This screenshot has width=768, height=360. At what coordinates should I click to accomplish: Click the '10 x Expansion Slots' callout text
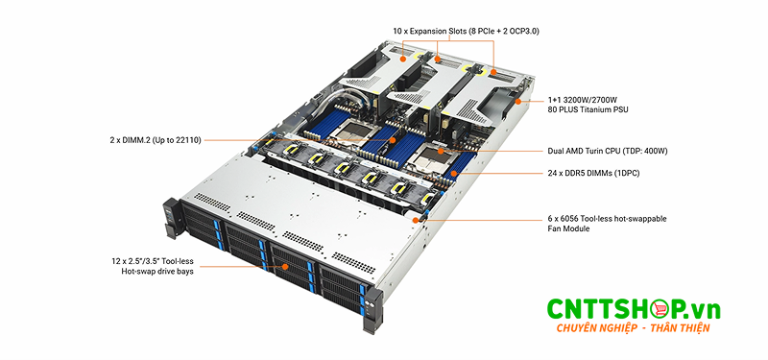(466, 31)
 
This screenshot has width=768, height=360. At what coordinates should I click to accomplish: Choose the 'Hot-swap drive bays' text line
(151, 272)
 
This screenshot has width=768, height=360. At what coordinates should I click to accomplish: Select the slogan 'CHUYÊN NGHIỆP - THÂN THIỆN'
(633, 329)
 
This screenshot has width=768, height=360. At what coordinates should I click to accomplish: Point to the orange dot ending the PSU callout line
(518, 101)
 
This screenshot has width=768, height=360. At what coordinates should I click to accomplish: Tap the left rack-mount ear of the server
(172, 217)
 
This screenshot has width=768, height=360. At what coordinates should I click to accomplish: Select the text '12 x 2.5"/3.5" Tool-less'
(156, 260)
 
